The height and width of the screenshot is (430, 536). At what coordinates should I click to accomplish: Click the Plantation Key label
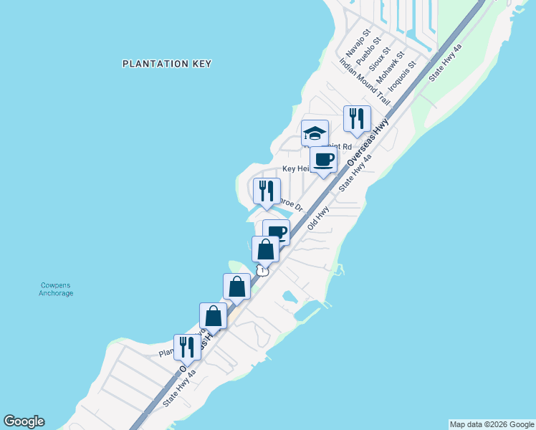point(167,64)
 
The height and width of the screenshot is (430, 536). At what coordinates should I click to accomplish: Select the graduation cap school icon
point(315,133)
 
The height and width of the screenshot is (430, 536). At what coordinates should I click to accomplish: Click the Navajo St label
point(356,44)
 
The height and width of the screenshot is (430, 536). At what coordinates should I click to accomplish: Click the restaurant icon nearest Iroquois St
point(357,118)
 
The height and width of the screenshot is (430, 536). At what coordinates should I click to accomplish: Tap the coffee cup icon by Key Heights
point(323,160)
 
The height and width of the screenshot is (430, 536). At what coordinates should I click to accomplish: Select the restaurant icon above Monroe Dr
point(266,191)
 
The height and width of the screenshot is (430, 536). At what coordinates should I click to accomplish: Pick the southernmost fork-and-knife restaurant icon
point(187,347)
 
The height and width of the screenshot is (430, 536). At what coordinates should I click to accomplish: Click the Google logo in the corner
point(24,421)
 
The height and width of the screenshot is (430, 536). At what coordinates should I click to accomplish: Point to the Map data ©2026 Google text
point(492,424)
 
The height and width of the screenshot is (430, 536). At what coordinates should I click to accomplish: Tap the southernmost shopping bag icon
point(214,315)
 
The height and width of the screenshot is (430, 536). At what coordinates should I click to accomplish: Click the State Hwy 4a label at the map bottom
point(179,388)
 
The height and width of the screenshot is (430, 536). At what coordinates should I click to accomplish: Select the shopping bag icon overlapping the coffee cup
point(265,249)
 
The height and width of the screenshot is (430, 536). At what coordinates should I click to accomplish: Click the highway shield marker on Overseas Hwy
point(263,270)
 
